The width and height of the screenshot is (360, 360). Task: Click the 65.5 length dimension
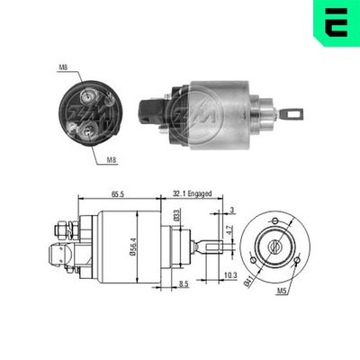tap(117, 194)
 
